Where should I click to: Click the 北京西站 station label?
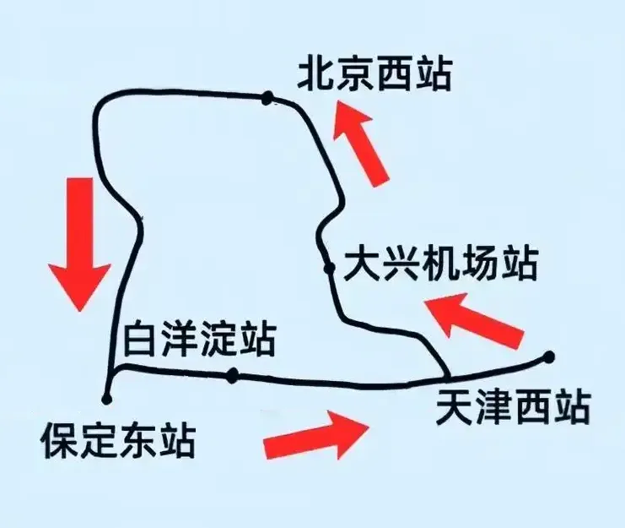[x=374, y=74]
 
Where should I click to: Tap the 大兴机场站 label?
[x=440, y=266]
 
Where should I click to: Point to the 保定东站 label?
[x=118, y=440]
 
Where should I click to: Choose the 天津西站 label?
[x=511, y=410]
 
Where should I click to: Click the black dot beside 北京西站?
[x=267, y=99]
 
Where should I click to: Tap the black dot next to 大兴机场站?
[x=329, y=269]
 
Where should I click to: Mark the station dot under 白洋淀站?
[x=233, y=376]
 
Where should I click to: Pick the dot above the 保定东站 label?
[x=106, y=398]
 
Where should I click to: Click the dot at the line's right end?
[x=549, y=357]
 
